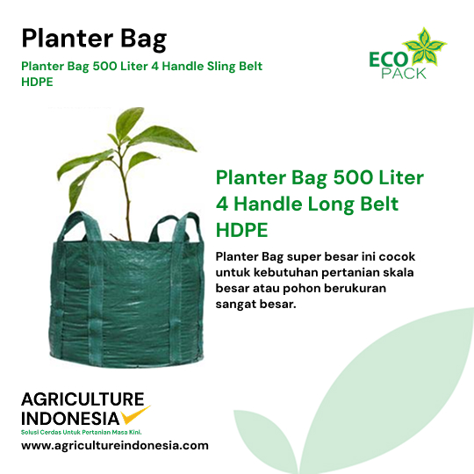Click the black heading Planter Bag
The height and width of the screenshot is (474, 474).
pyautogui.click(x=94, y=39)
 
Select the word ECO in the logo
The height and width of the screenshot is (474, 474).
pyautogui.click(x=388, y=60)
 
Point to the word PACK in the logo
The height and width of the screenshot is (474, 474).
pyautogui.click(x=404, y=74)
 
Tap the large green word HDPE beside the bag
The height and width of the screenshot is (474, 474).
pyautogui.click(x=242, y=230)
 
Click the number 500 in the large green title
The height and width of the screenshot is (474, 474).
pyautogui.click(x=353, y=177)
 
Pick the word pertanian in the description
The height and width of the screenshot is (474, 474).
pyautogui.click(x=350, y=273)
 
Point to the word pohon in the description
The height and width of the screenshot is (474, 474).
pyautogui.click(x=301, y=289)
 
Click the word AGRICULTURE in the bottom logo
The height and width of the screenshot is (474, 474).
pyautogui.click(x=83, y=399)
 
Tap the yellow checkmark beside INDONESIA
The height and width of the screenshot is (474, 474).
pyautogui.click(x=134, y=414)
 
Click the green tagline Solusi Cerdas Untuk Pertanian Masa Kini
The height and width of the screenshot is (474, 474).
pyautogui.click(x=82, y=432)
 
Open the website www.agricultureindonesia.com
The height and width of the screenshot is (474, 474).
pyautogui.click(x=115, y=446)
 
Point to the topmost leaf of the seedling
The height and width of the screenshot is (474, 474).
pyautogui.click(x=130, y=122)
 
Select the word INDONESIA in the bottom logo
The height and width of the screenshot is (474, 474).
pyautogui.click(x=70, y=419)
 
